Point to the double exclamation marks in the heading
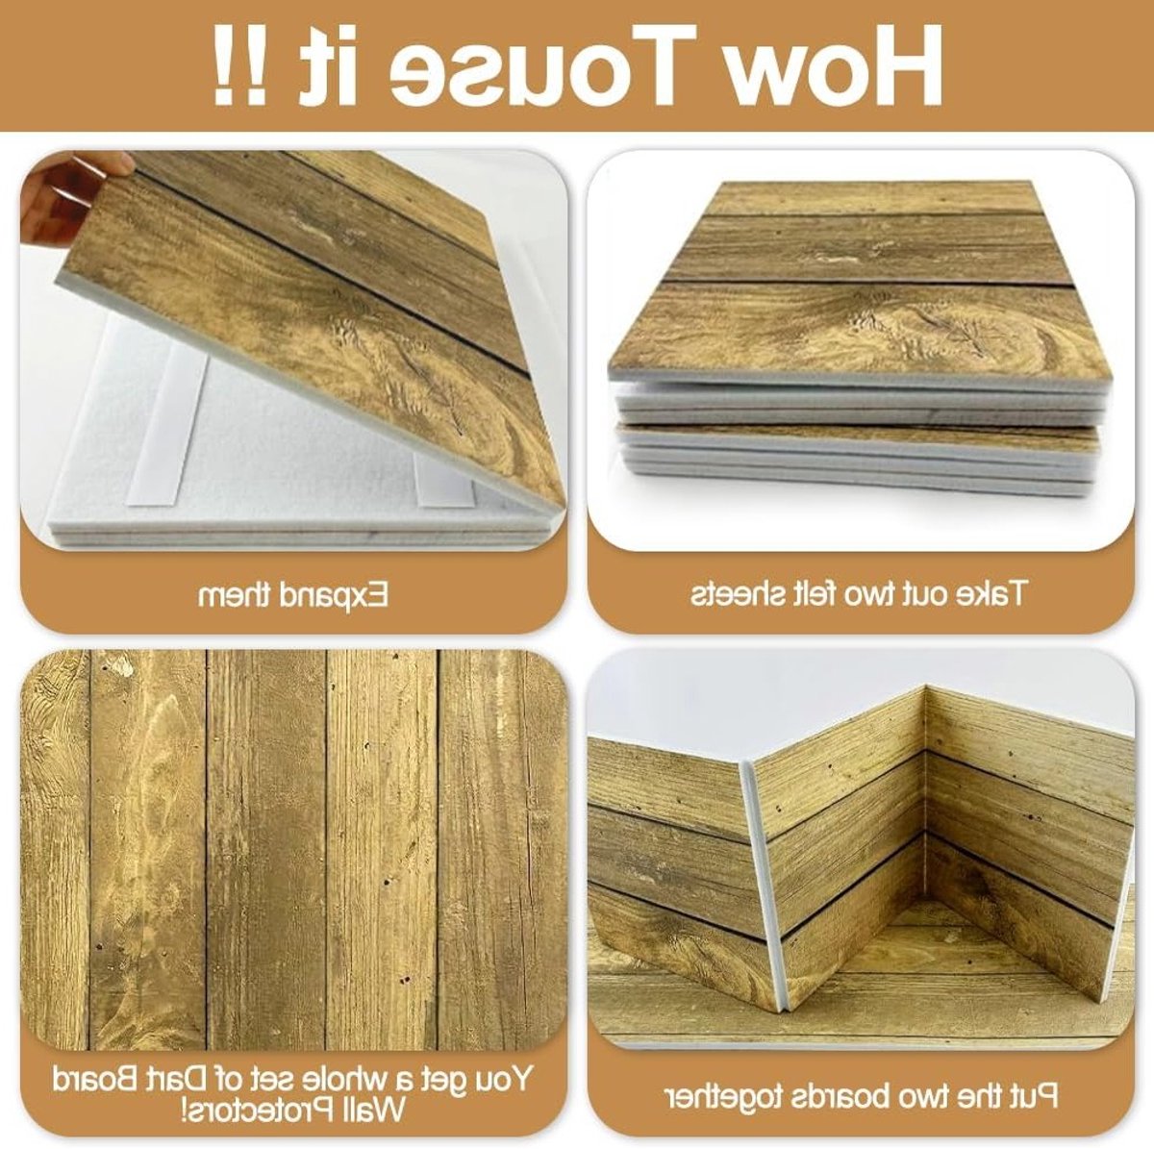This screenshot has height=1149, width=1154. (x=239, y=65)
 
